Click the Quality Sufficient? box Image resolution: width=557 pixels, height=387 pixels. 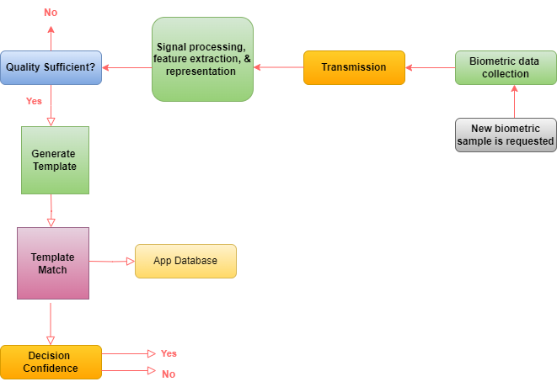point(51,67)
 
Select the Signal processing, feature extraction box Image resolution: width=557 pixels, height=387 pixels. point(203,59)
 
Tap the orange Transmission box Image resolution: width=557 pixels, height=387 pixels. point(354,67)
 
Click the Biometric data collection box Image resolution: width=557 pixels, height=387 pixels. point(506,67)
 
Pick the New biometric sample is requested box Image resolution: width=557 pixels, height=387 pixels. point(506,135)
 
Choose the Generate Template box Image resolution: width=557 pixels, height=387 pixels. point(54,160)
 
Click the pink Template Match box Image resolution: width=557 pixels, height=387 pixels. point(52,263)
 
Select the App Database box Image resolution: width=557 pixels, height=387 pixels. point(185,261)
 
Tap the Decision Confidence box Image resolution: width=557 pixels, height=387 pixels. point(51,362)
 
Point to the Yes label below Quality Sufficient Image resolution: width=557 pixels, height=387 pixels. point(34,101)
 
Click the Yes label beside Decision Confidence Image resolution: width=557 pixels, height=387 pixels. point(169,353)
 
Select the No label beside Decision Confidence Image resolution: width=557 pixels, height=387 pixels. point(169,374)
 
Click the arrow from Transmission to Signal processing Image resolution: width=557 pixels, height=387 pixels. point(278,67)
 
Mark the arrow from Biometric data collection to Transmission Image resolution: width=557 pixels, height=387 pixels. point(430,67)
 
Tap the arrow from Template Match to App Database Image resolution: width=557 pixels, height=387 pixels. point(111,262)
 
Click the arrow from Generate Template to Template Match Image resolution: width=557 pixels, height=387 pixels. point(51,210)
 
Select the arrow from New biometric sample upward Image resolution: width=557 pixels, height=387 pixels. point(514,101)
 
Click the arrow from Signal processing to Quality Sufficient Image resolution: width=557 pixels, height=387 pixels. point(126,67)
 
